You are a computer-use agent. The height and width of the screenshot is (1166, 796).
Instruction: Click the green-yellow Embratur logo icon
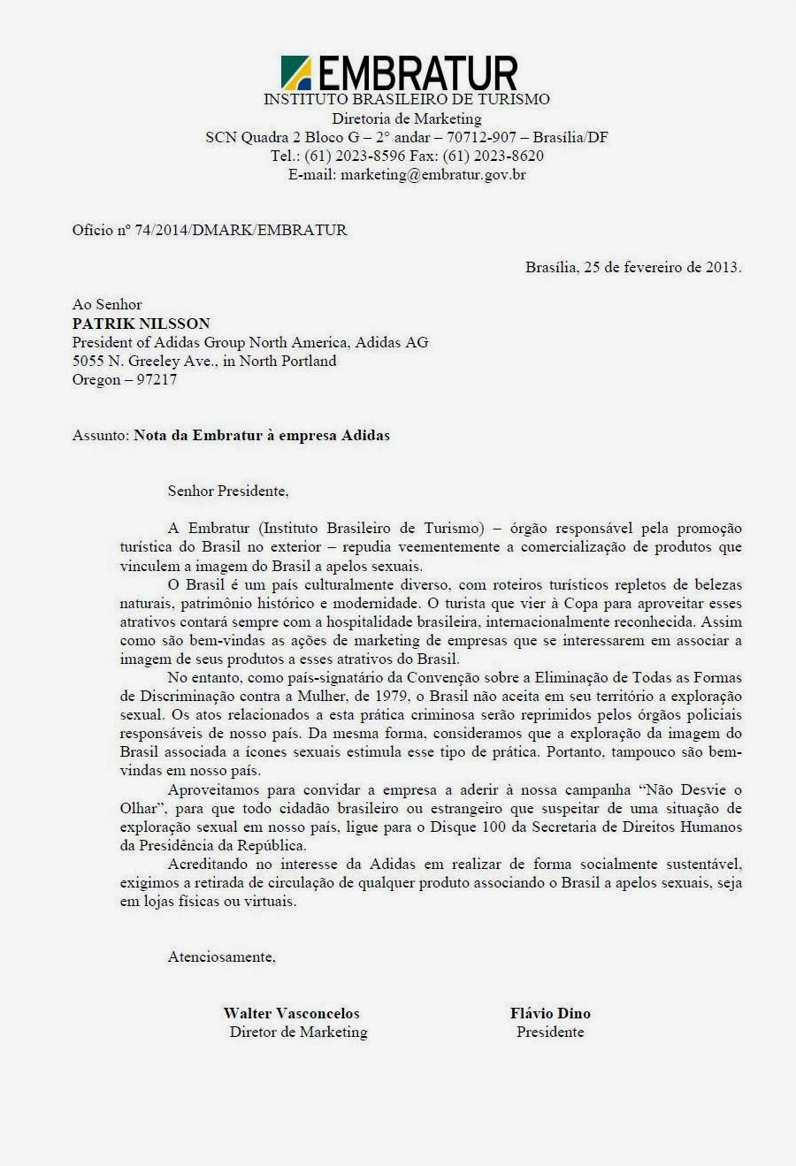pyautogui.click(x=295, y=72)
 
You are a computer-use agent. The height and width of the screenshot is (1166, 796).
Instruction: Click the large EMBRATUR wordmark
pyautogui.click(x=416, y=73)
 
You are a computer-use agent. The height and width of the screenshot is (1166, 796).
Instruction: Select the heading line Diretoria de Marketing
pyautogui.click(x=407, y=118)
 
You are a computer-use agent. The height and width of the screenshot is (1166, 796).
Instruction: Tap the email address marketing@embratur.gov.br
pyautogui.click(x=433, y=175)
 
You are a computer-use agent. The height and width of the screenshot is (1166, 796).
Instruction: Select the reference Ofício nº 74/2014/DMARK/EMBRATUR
pyautogui.click(x=210, y=231)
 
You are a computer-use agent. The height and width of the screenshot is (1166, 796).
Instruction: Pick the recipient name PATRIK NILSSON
pyautogui.click(x=142, y=324)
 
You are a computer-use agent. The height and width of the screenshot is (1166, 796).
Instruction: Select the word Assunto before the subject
pyautogui.click(x=100, y=435)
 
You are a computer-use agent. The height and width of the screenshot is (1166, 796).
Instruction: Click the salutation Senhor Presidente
pyautogui.click(x=228, y=490)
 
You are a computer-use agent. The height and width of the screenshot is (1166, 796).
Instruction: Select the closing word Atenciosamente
pyautogui.click(x=221, y=957)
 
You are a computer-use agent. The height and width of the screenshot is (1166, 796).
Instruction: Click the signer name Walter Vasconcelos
pyautogui.click(x=291, y=1014)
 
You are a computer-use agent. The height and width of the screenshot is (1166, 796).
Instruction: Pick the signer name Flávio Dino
pyautogui.click(x=550, y=1014)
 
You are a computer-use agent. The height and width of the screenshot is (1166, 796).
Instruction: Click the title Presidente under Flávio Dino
pyautogui.click(x=550, y=1033)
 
